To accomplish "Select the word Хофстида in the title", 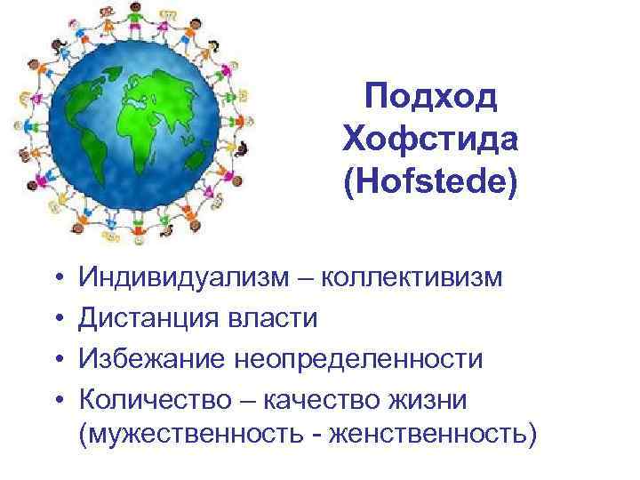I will pos(430,140).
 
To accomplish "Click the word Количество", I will pos(156,399).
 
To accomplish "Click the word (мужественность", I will pos(201,436).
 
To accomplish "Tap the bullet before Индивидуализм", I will pos(56,279).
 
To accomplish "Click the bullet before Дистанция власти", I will pos(56,319).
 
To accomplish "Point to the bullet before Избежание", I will pos(56,360).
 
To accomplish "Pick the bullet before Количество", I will pos(56,400).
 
